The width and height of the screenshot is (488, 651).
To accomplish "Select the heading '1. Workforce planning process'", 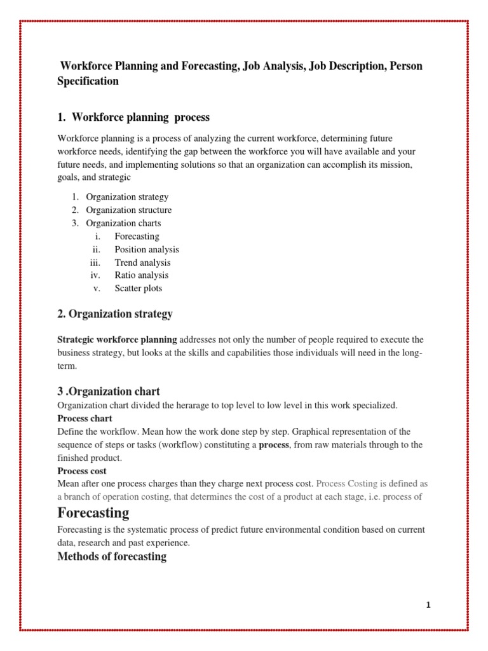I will (133, 118).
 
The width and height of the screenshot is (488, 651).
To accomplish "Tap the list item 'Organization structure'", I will (129, 210).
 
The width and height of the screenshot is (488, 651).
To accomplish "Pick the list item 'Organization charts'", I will (123, 223).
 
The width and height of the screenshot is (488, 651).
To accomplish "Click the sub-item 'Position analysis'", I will (147, 249).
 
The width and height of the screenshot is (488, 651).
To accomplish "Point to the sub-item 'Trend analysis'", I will (142, 263).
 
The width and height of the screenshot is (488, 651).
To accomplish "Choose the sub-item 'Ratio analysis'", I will (142, 275).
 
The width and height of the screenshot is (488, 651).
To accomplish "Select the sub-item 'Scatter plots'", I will (139, 288).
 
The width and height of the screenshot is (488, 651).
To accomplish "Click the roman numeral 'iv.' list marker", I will (96, 275).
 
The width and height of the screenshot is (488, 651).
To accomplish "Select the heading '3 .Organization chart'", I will (109, 392).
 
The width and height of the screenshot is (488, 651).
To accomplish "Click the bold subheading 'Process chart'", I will (85, 418).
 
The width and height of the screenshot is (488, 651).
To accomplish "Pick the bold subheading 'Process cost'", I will (82, 470).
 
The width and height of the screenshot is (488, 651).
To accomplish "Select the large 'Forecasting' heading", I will (93, 512).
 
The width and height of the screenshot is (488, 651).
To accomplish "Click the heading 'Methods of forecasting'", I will (112, 557).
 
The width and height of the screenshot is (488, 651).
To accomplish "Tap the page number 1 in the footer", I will (428, 605).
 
